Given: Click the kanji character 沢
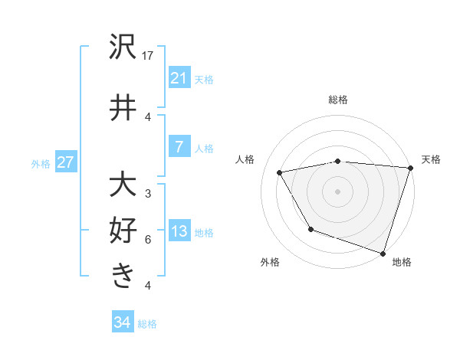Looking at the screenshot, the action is [123, 48].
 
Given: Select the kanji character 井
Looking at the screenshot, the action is [123, 108].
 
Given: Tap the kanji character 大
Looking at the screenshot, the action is [123, 186].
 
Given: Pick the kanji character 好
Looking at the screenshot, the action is [123, 231].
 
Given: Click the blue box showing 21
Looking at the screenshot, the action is [179, 77].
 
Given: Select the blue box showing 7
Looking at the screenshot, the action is [179, 147].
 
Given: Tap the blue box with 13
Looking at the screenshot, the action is [179, 231].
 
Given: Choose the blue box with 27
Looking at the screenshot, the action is [66, 162].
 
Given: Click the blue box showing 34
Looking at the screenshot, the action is [122, 322].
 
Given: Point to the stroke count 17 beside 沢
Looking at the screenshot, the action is [148, 55].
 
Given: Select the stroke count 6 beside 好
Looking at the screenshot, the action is [148, 239].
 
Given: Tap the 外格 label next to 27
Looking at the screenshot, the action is [41, 162].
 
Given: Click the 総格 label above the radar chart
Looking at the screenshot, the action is [337, 100].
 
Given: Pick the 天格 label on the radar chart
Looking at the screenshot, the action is [431, 159].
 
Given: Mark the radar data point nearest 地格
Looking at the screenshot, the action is [383, 253].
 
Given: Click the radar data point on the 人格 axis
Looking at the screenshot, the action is [280, 172].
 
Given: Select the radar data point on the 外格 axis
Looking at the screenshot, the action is [310, 229].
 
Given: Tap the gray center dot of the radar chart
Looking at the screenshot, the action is [337, 191].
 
